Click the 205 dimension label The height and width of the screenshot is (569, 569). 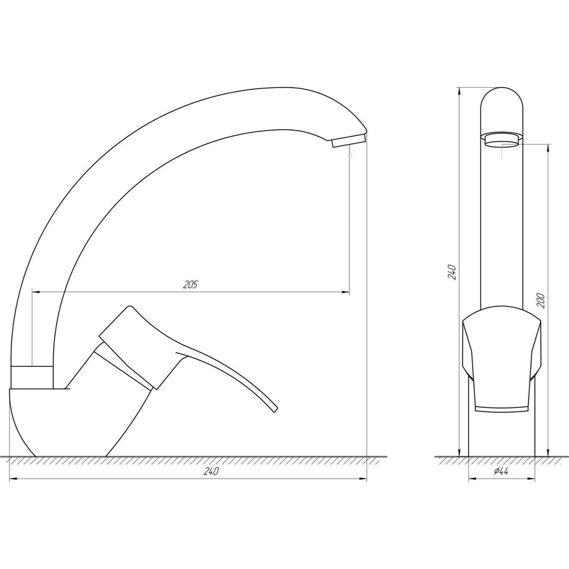tap(191, 286)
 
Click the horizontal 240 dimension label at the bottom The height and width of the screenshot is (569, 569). tap(211, 472)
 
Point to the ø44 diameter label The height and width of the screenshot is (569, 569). tap(501, 472)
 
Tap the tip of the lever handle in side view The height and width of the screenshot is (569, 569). tap(274, 407)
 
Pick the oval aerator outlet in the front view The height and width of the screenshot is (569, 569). tap(502, 139)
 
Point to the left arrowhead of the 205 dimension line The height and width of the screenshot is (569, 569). tap(36, 292)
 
